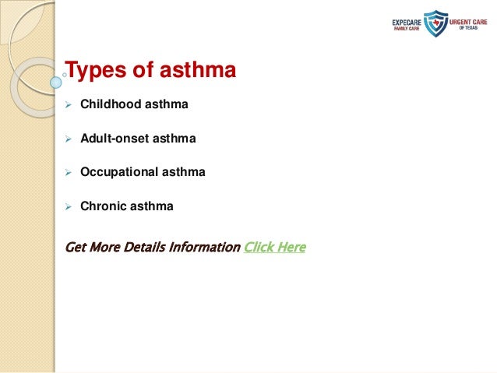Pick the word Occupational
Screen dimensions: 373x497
click(117, 172)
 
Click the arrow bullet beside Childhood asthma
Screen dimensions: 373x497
click(68, 104)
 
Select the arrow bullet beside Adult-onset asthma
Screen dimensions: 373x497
click(68, 138)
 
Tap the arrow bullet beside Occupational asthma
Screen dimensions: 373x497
click(68, 172)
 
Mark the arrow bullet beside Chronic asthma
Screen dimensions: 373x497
click(68, 206)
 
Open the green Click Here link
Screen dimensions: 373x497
click(274, 248)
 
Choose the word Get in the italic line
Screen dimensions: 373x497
click(76, 248)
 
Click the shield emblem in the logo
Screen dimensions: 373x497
click(435, 23)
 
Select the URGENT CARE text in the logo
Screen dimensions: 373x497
click(466, 20)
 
